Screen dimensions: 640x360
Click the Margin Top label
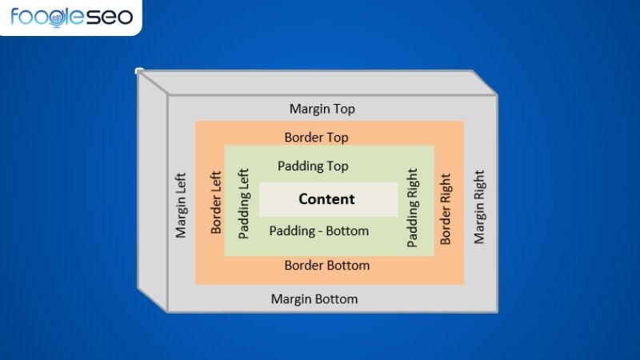[x=322, y=109]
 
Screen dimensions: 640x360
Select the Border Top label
[x=316, y=138]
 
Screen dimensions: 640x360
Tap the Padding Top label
[x=313, y=166]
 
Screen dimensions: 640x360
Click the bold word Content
[x=326, y=198]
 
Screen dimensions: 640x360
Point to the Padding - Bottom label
[x=318, y=231]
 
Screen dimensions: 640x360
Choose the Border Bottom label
[x=327, y=266]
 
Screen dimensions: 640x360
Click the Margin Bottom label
[x=314, y=299]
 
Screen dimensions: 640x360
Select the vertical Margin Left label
[x=181, y=206]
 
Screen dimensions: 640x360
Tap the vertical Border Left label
[x=216, y=202]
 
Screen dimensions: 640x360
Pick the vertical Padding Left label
[x=244, y=204]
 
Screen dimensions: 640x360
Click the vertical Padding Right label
[x=413, y=208]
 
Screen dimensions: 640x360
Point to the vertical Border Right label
[x=446, y=209]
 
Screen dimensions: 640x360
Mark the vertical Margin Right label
[x=479, y=207]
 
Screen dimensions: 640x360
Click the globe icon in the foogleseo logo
[x=56, y=18]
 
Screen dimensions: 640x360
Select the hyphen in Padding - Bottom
[x=321, y=232]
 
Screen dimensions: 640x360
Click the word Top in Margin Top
[x=343, y=110]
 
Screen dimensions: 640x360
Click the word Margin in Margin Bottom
[x=290, y=299]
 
